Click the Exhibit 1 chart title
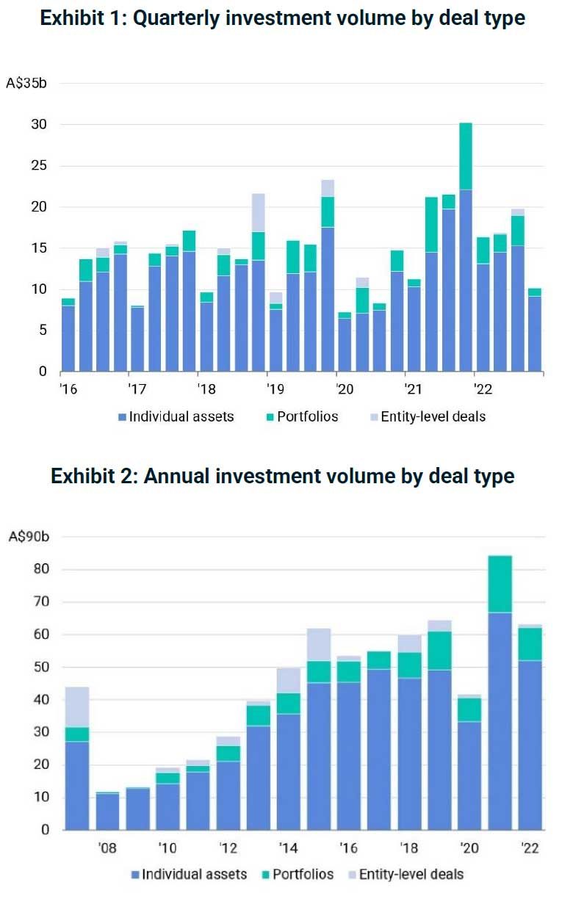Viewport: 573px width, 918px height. pyautogui.click(x=283, y=18)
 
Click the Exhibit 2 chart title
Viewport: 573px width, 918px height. pyautogui.click(x=283, y=476)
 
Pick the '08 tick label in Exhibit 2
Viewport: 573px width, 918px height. pyautogui.click(x=107, y=848)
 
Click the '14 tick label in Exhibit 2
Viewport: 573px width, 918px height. pyautogui.click(x=289, y=848)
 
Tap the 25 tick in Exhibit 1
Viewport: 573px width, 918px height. pyautogui.click(x=38, y=166)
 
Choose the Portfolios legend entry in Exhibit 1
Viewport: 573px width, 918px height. pyautogui.click(x=301, y=416)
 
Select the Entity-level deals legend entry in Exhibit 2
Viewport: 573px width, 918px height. pyautogui.click(x=404, y=874)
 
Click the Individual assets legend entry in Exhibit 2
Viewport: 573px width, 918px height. pyautogui.click(x=187, y=874)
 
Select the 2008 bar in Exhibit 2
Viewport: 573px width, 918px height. pyautogui.click(x=107, y=812)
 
